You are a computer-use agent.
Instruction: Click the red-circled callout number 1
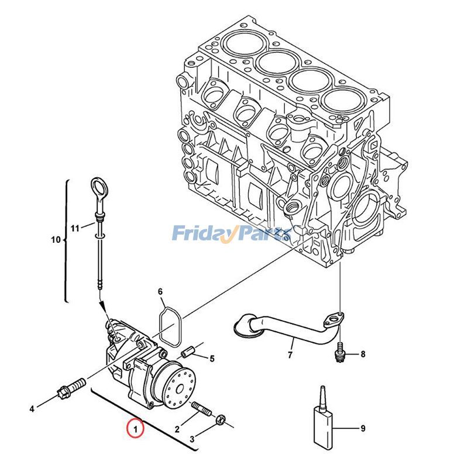pos(135,428)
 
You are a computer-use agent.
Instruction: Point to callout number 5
pos(212,359)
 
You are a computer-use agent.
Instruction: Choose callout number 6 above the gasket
pos(160,291)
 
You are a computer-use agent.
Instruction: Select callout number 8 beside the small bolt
pos(363,354)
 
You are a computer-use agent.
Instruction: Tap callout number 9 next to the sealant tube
pos(363,429)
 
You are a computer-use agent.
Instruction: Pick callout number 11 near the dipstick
pos(74,228)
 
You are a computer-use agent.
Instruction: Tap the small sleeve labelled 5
pos(188,352)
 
